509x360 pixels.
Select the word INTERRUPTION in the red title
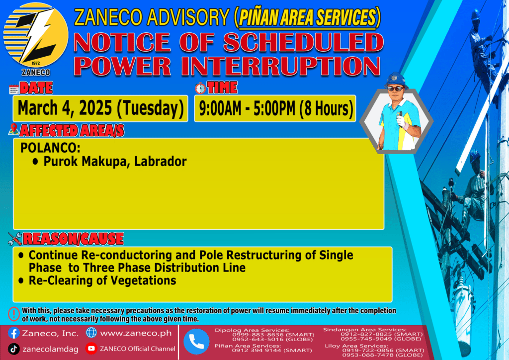pos(281,66)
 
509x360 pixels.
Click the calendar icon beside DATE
pos(14,90)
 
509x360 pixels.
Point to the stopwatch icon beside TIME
pos(200,88)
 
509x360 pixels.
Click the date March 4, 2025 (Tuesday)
pos(100,108)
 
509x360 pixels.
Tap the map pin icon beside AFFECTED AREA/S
pos(13,129)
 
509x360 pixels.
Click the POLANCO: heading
pos(50,148)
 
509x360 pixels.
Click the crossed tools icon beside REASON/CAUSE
pos(15,239)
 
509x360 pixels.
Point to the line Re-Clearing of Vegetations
pos(102,280)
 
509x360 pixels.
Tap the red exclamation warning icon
pos(14,314)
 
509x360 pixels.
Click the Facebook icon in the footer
pos(13,333)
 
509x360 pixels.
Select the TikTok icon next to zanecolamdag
pos(13,349)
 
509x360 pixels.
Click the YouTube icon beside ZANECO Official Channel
pos(91,348)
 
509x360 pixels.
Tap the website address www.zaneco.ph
pos(136,333)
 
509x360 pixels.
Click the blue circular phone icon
pos(196,342)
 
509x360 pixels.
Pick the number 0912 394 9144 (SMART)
pos(272,350)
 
